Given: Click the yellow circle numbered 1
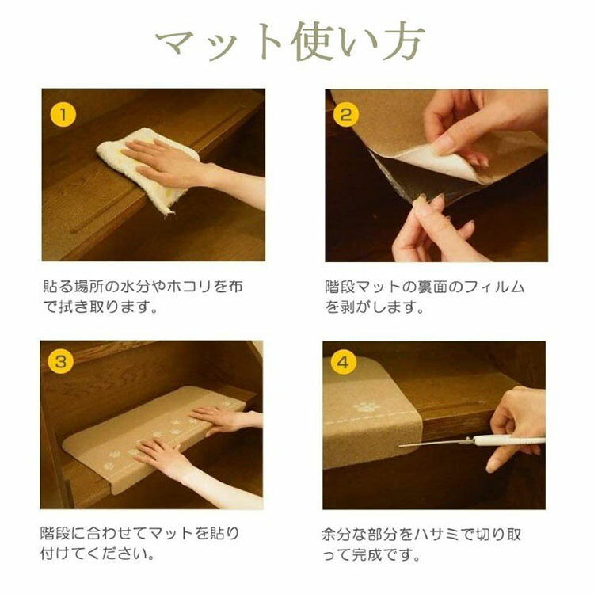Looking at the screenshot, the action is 63,115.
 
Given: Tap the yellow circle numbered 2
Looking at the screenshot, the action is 346,115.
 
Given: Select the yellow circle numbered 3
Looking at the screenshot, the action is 61,361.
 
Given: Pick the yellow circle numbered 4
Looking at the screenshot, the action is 343,363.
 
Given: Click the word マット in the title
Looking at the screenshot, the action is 219,42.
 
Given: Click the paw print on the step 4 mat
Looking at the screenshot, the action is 366,407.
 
